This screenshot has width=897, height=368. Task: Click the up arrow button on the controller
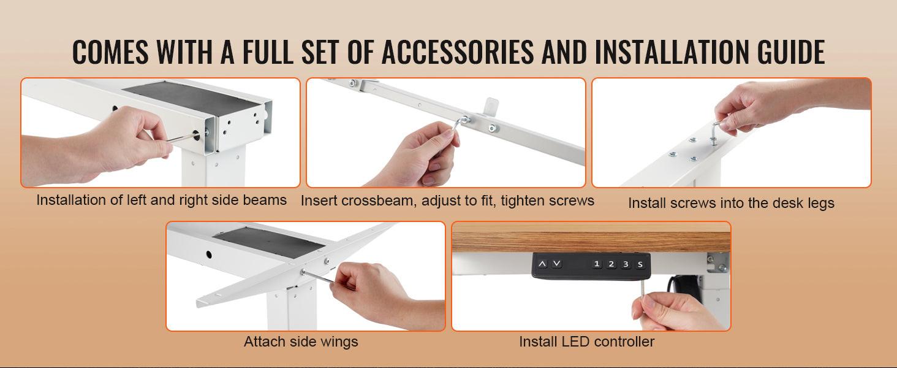[x=542, y=264]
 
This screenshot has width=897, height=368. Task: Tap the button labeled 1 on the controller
[x=597, y=264]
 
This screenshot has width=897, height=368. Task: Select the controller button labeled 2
[x=611, y=264]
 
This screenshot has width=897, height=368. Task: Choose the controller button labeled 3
[x=626, y=264]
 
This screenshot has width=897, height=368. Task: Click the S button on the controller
[x=640, y=264]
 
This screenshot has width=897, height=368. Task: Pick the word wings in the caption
[x=338, y=342]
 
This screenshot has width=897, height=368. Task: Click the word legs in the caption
[x=819, y=203]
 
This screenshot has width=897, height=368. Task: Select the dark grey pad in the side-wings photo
[x=270, y=241]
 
